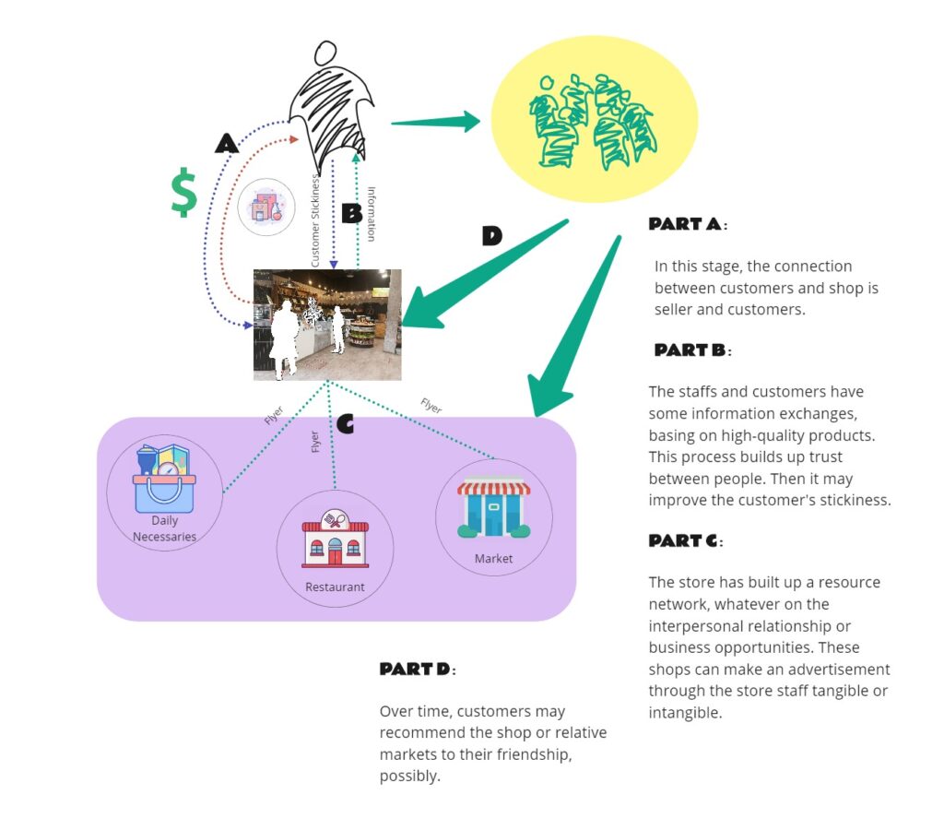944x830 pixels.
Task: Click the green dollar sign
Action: [184, 192]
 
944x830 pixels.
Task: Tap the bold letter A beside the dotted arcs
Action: [227, 143]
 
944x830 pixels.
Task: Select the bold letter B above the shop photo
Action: [351, 214]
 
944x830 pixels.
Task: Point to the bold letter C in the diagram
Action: [346, 423]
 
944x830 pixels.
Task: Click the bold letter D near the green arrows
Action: [492, 236]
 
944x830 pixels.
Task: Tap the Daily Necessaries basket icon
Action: [164, 479]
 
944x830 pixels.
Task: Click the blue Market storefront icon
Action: [493, 508]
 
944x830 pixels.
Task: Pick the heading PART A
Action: [687, 224]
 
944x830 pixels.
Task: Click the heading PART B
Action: [692, 350]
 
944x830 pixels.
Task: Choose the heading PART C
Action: [686, 540]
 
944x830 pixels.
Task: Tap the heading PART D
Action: [417, 669]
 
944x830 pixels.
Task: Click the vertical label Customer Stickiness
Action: [315, 221]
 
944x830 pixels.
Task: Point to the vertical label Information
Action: [372, 214]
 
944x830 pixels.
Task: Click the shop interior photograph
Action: [327, 325]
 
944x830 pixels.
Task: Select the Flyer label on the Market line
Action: [431, 406]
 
